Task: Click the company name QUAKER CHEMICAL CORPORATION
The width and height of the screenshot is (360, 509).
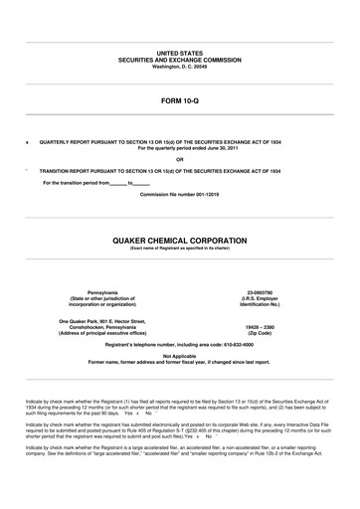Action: click(179, 240)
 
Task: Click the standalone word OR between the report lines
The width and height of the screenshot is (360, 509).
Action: click(179, 159)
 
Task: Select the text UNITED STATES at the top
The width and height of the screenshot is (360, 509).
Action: click(179, 49)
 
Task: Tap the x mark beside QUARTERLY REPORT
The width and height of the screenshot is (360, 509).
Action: click(27, 142)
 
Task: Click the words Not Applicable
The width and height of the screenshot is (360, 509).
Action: click(179, 355)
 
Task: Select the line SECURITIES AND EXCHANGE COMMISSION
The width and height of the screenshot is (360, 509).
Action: click(179, 56)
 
